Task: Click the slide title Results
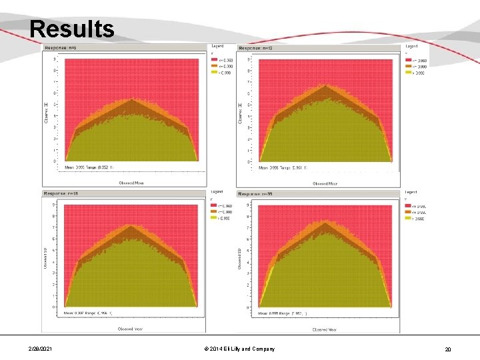click(x=71, y=29)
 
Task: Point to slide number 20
click(x=448, y=349)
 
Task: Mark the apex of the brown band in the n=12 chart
click(x=325, y=85)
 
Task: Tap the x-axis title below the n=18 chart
click(x=131, y=329)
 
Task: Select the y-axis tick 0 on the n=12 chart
click(x=249, y=161)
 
